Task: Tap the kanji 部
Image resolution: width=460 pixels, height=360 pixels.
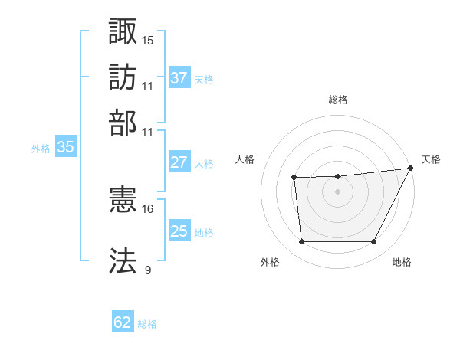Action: [123, 123]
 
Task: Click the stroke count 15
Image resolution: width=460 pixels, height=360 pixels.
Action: [147, 39]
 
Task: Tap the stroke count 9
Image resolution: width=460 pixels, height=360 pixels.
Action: [147, 269]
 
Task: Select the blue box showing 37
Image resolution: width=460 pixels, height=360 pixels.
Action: [179, 78]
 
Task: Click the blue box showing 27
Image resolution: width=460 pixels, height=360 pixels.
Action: [179, 162]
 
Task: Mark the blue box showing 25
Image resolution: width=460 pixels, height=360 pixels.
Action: [179, 231]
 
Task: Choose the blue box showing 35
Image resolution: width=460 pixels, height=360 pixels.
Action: [65, 148]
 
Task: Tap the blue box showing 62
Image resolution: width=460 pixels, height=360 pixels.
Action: [123, 322]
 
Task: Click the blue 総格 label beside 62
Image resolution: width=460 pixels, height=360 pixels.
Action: [147, 324]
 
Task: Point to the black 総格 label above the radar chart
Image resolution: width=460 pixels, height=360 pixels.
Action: [338, 100]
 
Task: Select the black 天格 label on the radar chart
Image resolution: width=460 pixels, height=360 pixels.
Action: [432, 159]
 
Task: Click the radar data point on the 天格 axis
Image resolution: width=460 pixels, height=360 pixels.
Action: [411, 168]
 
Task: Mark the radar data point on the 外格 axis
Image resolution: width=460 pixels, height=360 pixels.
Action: [301, 242]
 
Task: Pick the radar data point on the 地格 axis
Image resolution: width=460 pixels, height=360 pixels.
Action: [374, 242]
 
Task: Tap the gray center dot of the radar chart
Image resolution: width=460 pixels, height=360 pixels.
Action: [338, 191]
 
